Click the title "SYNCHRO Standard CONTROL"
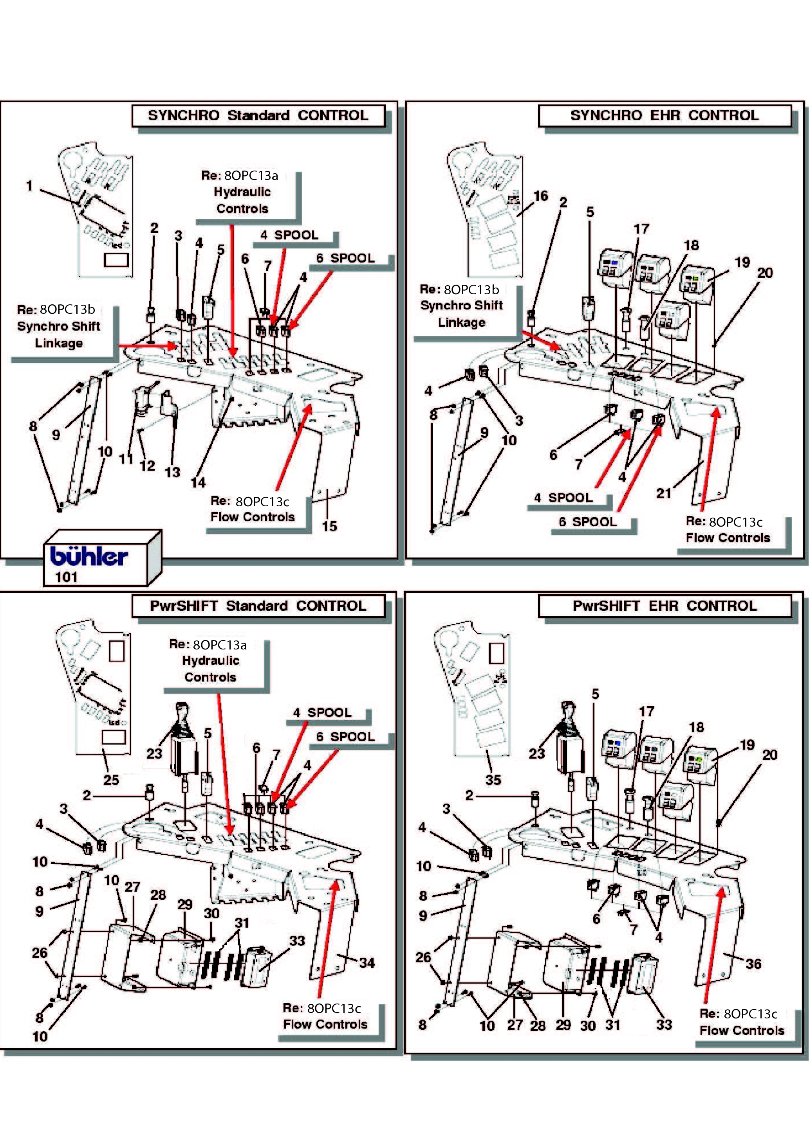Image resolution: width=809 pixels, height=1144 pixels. [x=258, y=115]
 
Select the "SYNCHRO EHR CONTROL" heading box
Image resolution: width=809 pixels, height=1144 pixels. [x=665, y=115]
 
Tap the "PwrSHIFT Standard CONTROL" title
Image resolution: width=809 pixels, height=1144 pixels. [x=258, y=606]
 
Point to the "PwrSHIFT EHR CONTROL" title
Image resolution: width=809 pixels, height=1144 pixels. [x=665, y=606]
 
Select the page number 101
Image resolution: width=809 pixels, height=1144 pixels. [x=66, y=577]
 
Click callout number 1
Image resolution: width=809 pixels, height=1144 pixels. [x=29, y=186]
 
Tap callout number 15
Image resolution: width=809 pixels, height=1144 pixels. [x=329, y=526]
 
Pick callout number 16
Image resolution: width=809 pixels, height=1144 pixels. [x=541, y=196]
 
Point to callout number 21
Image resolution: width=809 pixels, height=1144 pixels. [x=664, y=493]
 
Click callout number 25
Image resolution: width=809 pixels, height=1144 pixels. [x=111, y=780]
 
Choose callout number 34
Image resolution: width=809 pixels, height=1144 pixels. [x=367, y=962]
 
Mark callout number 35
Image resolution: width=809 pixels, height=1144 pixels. [x=493, y=780]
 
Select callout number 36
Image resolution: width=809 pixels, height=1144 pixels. [x=753, y=964]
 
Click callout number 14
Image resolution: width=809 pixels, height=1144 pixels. [x=198, y=482]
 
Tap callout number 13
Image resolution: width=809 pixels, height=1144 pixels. [x=173, y=472]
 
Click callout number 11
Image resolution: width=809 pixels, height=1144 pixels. [x=126, y=459]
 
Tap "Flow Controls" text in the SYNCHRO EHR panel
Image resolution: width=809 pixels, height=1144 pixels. [x=728, y=538]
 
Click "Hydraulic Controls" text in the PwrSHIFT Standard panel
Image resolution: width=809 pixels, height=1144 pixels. [x=211, y=669]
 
